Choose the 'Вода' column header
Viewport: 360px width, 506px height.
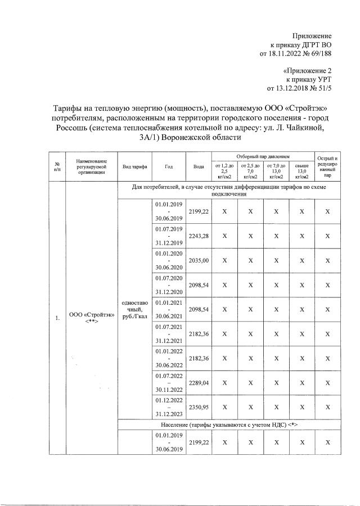tap(199, 167)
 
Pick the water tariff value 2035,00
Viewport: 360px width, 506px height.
tap(199, 260)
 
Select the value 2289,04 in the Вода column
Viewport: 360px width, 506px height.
tap(199, 382)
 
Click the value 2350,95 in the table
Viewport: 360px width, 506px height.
tap(199, 407)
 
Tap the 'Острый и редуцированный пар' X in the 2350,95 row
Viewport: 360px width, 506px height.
tap(327, 407)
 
